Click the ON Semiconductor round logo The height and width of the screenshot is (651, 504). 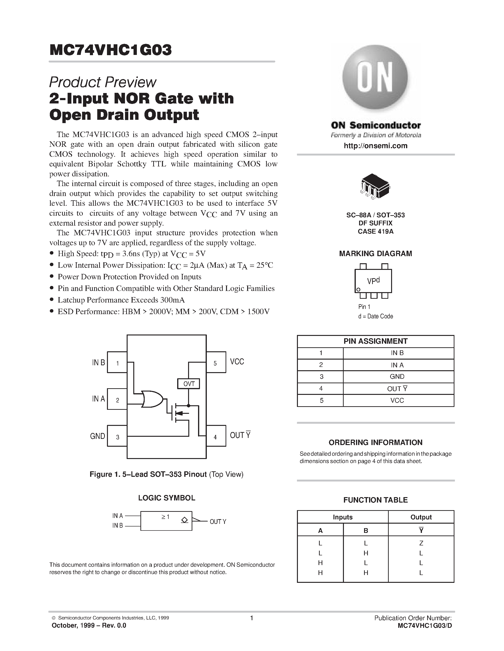tap(375, 78)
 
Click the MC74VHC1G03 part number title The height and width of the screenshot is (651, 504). tap(111, 50)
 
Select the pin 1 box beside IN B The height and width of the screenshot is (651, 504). tap(117, 362)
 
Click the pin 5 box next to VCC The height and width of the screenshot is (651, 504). tap(216, 362)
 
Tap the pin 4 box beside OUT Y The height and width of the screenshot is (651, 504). tap(216, 437)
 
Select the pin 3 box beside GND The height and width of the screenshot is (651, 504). tap(117, 436)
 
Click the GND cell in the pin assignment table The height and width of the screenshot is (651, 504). tap(397, 376)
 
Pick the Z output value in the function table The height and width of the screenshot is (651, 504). tap(421, 543)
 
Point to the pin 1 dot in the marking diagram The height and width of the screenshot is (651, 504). tap(359, 290)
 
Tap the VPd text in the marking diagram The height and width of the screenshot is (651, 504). tap(373, 281)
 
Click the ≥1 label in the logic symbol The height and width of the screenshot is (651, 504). tap(165, 517)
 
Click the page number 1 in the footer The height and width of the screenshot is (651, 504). tap(251, 618)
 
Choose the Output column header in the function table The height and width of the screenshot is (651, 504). tap(421, 517)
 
